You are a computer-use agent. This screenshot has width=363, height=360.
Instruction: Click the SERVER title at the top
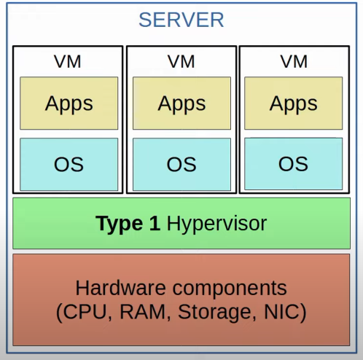click(181, 20)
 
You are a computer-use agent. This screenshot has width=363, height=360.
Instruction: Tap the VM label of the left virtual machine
click(68, 61)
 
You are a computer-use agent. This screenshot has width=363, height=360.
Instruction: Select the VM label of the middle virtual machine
click(181, 61)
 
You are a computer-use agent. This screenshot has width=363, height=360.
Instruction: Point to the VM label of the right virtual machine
click(294, 61)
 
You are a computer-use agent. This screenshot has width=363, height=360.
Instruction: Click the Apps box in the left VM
click(69, 103)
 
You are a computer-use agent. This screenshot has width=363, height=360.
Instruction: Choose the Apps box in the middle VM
click(181, 103)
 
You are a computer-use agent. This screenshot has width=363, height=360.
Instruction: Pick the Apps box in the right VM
click(294, 103)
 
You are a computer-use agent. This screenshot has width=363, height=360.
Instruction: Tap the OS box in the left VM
click(69, 165)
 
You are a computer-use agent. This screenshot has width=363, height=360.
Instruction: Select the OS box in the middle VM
click(181, 165)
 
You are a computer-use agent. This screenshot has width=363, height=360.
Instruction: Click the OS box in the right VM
click(294, 164)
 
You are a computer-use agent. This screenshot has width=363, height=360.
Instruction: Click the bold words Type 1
click(128, 224)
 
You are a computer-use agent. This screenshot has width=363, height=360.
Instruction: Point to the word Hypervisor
click(216, 224)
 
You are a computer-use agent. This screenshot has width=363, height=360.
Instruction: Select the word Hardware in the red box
click(121, 288)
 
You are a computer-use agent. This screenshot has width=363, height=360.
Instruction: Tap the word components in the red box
click(230, 289)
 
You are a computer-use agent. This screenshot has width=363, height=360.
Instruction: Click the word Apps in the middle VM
click(181, 104)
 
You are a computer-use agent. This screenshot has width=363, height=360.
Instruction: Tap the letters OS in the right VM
click(293, 164)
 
